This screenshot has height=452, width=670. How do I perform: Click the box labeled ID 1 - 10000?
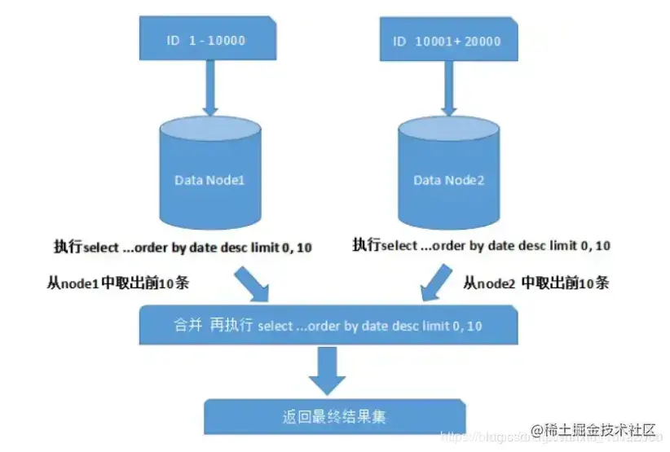point(207,39)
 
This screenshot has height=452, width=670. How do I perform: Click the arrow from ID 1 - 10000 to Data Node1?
point(209,89)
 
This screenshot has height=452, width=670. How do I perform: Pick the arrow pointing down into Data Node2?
point(447,89)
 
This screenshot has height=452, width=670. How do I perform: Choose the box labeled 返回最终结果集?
point(334,416)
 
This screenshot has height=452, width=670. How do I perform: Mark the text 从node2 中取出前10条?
point(536,283)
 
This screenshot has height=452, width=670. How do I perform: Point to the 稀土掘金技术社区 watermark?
point(595,430)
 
